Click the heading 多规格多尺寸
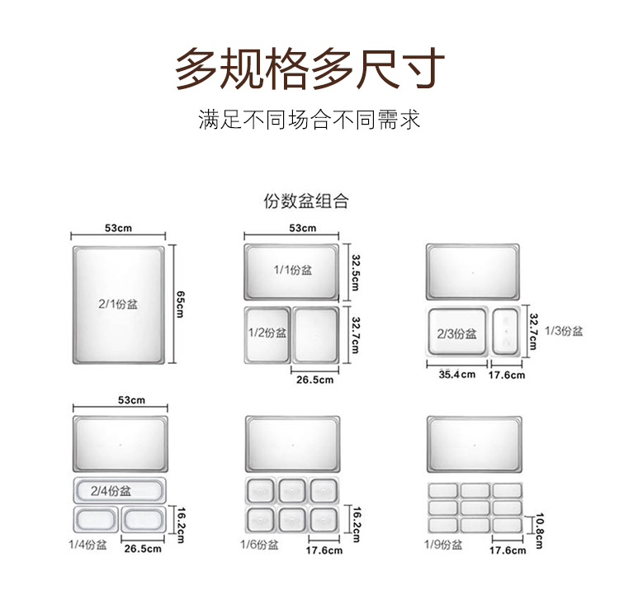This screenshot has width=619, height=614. pos(309,68)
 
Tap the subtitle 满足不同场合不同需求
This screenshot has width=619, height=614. pos(309,119)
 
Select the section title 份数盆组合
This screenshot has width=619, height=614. pos(306,201)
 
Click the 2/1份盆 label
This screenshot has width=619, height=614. pos(118,304)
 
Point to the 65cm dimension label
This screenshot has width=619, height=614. pos(180,304)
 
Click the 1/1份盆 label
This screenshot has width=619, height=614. pos(292,270)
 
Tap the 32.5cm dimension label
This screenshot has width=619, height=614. pos(355,272)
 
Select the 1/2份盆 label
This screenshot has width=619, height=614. pos(267,333)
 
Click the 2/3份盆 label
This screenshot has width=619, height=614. pos(456,334)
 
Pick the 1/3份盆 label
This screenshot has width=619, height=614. pos(564,331)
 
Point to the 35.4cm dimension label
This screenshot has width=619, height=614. pos(456,375)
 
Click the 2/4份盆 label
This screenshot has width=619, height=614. pos(111,491)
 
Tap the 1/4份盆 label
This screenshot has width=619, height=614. pos(87,545)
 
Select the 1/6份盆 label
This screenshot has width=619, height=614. pos(259,545)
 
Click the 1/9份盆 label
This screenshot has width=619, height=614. pos(443,545)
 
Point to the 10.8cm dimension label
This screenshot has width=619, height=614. pos(539,531)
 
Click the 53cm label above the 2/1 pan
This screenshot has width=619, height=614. pos(118,228)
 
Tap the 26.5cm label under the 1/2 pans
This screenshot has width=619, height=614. pos(314,380)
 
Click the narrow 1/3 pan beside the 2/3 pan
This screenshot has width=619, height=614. pos(506,332)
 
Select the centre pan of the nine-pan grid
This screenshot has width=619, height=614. pos(475,508)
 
